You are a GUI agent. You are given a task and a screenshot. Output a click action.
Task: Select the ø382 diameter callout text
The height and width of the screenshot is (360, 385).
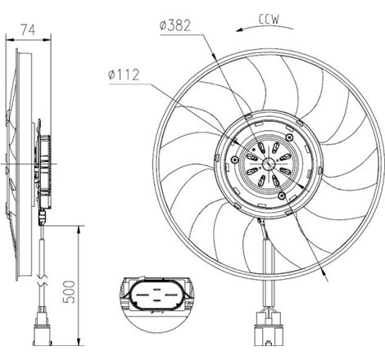175,25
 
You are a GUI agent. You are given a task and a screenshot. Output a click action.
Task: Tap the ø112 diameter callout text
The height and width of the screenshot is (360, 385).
124,75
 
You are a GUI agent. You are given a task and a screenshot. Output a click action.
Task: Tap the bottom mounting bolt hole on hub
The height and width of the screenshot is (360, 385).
283,196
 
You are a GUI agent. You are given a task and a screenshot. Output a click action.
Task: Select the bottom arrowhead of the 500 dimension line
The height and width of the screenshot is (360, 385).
79,344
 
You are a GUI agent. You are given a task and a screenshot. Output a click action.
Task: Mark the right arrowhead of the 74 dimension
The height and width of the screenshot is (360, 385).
50,37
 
